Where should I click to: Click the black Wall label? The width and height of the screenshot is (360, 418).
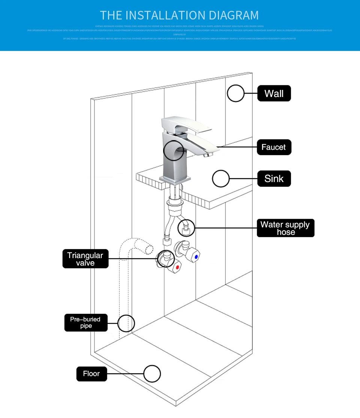[274, 93]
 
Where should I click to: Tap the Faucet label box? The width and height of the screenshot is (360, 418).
[274, 147]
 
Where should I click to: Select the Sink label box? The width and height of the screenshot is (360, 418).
[274, 179]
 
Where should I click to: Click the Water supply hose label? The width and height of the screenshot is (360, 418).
[285, 228]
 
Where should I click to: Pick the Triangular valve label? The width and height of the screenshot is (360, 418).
[85, 259]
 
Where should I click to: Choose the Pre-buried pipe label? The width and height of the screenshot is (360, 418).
[85, 322]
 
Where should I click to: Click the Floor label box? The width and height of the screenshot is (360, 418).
[91, 374]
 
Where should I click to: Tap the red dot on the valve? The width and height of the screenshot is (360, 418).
[177, 268]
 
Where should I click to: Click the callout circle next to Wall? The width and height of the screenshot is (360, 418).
[235, 93]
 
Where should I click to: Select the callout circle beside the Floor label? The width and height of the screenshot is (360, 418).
[152, 374]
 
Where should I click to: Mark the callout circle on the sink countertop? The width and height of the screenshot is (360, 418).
[220, 179]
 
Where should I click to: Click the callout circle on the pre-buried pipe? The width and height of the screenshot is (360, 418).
[126, 323]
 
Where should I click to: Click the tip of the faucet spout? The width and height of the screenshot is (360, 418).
[205, 155]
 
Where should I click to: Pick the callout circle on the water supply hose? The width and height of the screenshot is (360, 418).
[186, 227]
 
